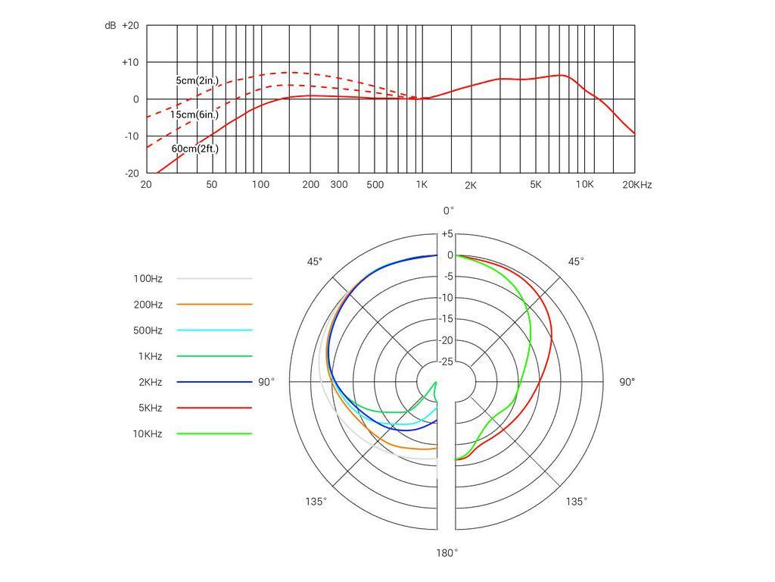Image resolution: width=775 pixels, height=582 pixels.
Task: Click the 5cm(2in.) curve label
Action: (x=197, y=80)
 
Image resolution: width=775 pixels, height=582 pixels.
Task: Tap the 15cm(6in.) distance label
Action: (x=194, y=114)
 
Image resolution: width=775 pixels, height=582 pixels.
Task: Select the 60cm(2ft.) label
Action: (x=195, y=149)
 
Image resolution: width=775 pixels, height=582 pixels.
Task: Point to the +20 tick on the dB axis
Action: (x=130, y=26)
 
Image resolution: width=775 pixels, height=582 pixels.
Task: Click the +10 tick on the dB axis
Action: (x=130, y=62)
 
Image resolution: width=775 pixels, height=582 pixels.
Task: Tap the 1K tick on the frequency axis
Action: (x=422, y=185)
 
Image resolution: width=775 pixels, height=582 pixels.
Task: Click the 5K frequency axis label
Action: (x=536, y=185)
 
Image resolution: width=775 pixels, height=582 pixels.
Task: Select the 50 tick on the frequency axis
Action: (x=212, y=185)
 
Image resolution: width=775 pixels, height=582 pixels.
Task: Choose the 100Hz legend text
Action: (x=148, y=279)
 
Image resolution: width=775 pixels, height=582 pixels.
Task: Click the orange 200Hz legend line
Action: (x=214, y=305)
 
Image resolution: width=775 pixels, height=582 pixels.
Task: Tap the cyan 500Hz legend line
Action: (x=214, y=330)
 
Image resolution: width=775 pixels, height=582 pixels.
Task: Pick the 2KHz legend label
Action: (x=150, y=382)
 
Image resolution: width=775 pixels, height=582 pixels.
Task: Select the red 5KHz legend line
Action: (x=214, y=408)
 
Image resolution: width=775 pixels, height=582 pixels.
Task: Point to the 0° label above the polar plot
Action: (x=449, y=211)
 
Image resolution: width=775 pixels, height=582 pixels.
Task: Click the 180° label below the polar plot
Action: (x=447, y=553)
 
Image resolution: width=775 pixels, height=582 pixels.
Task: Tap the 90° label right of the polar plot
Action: (x=627, y=382)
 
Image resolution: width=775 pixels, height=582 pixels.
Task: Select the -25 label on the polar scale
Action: (x=447, y=361)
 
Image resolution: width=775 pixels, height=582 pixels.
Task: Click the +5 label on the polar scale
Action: (x=447, y=234)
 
